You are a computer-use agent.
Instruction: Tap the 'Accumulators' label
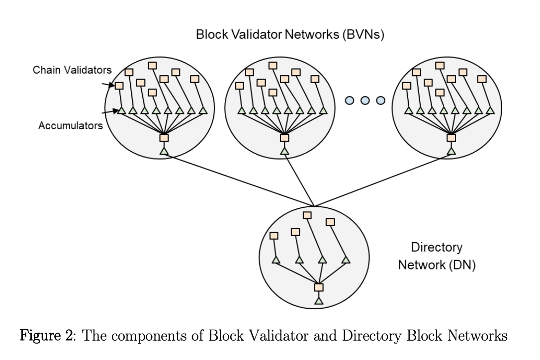coord(71,125)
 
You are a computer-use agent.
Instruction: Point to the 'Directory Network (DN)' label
coord(437,256)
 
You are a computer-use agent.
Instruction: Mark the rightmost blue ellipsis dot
coord(381,101)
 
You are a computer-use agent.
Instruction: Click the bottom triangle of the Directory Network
coord(319,300)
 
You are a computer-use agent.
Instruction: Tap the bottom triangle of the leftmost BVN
coord(164,151)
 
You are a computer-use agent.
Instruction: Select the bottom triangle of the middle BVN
coord(284,151)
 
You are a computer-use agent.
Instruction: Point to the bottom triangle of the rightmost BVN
coord(451,151)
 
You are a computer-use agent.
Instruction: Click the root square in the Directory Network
coord(319,287)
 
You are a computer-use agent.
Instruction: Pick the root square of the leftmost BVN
coord(164,138)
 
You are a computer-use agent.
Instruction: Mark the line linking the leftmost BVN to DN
coord(239,180)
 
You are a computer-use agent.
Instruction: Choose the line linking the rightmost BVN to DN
coord(383,180)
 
